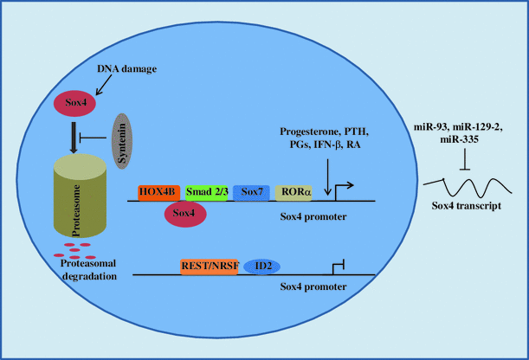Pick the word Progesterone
pos(309,132)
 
